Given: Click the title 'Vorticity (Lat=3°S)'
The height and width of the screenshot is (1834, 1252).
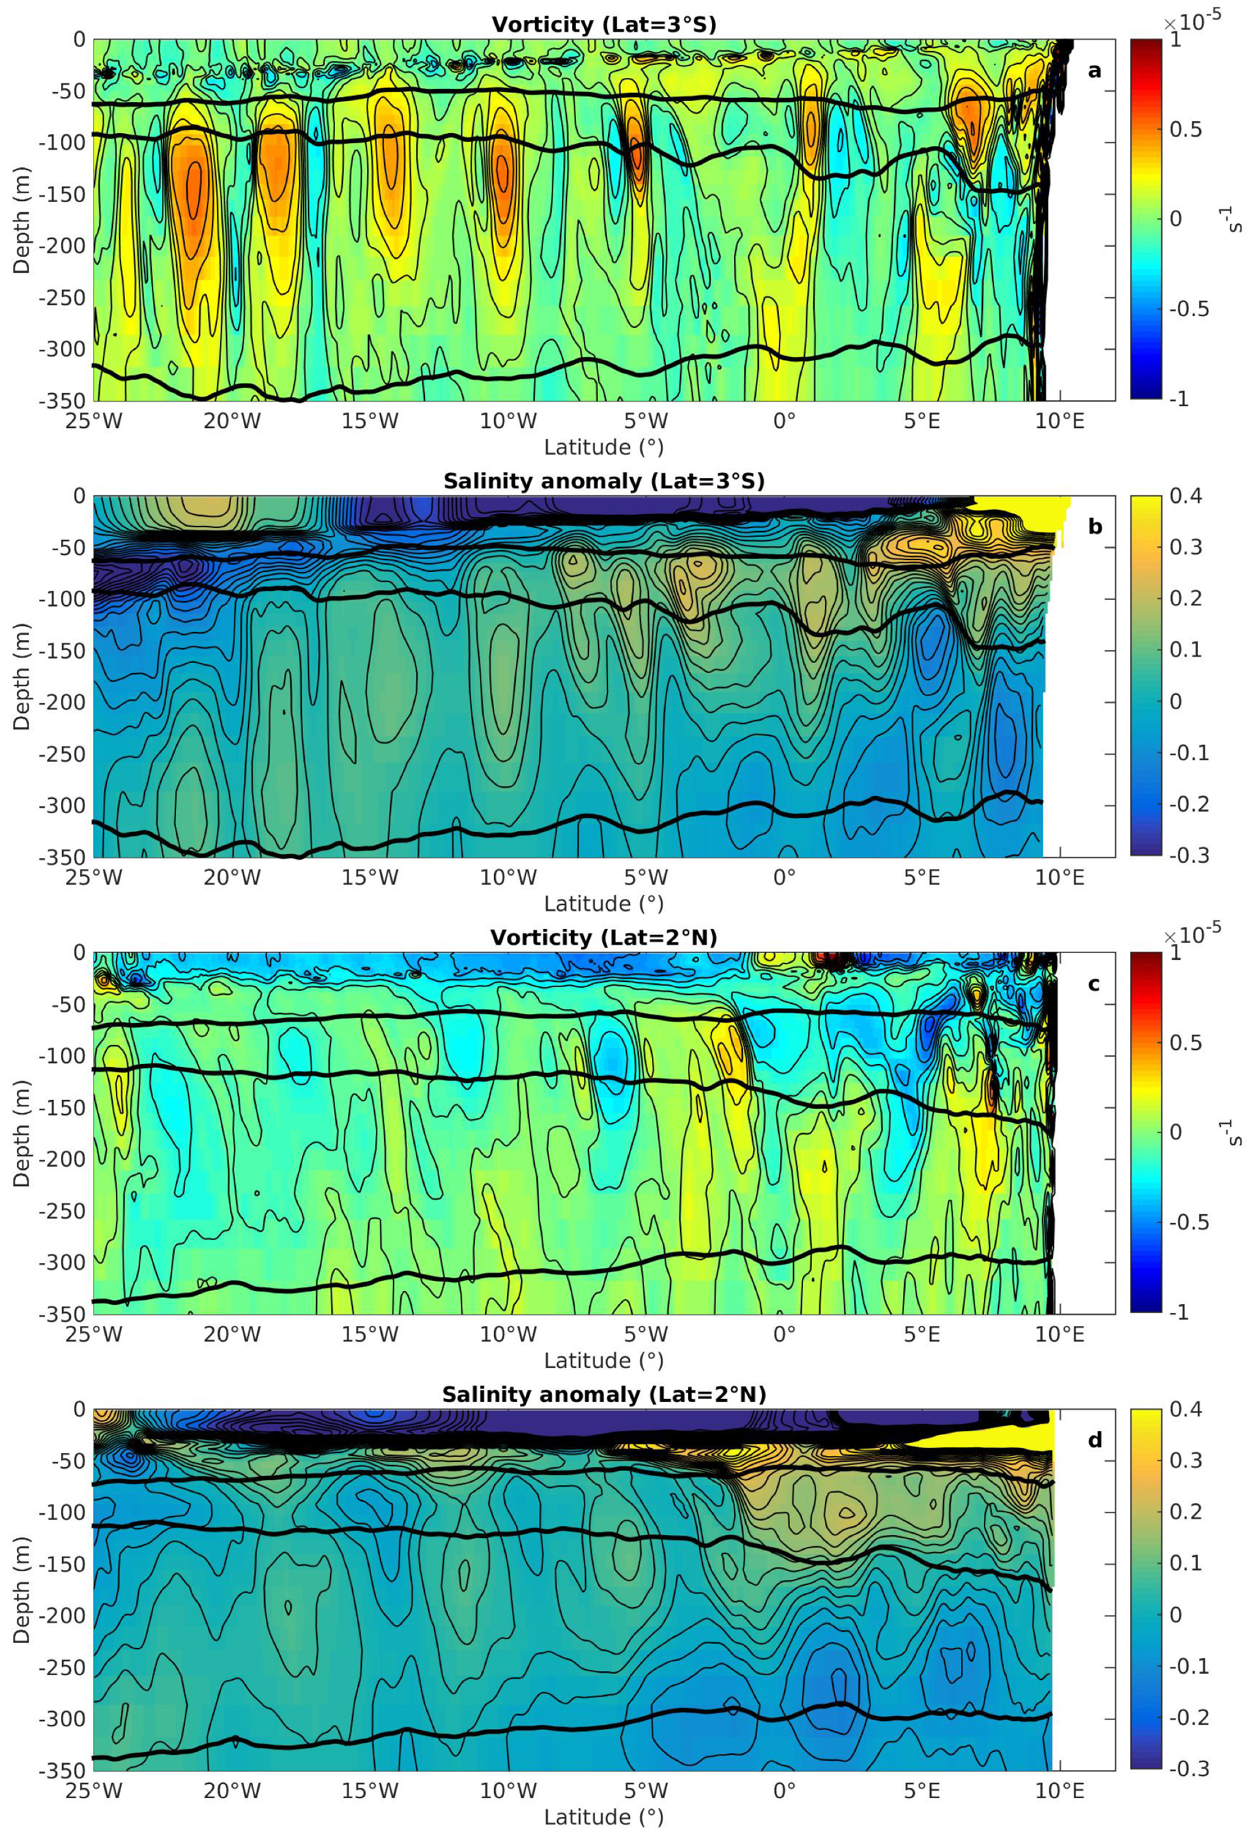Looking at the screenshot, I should click(604, 25).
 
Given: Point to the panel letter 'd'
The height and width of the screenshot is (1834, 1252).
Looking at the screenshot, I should click(1094, 1440).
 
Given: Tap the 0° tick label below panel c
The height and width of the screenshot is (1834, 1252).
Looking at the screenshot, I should click(784, 1335).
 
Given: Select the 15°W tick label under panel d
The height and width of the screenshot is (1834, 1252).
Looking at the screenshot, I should click(370, 1791).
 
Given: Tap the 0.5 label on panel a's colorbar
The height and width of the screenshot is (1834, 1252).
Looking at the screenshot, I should click(1186, 129).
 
